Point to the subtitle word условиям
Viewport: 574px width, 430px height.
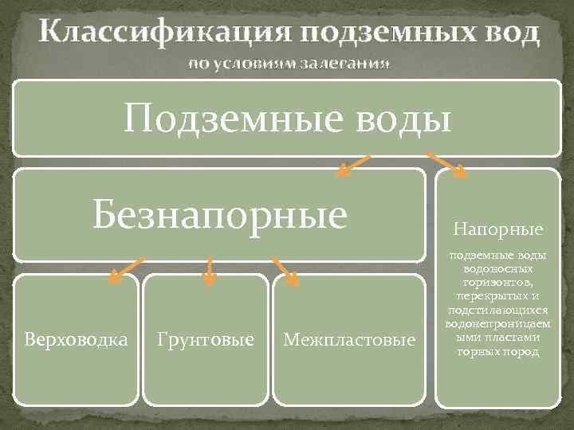click(254, 64)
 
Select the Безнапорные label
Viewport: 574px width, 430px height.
click(219, 213)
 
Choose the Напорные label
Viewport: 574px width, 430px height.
click(498, 230)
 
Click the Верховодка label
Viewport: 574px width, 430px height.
click(76, 340)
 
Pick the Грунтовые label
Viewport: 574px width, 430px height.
click(206, 340)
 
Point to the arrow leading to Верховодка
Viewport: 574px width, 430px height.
click(126, 270)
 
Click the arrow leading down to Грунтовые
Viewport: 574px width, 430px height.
click(209, 271)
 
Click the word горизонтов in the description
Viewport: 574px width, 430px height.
click(498, 281)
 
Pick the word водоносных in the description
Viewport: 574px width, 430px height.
click(498, 269)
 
